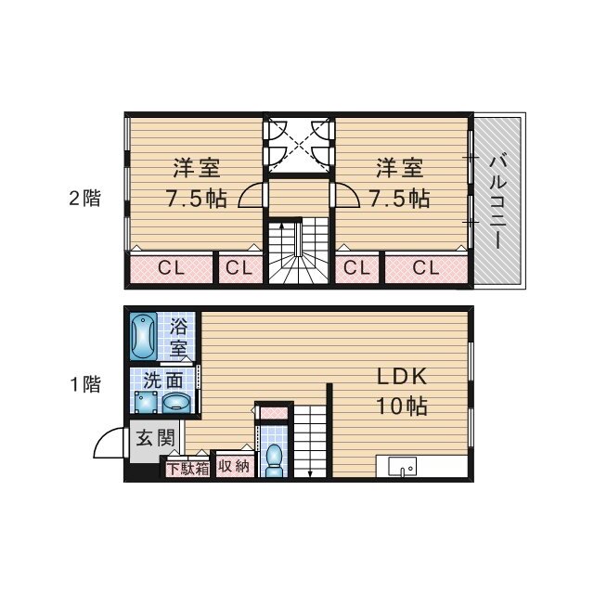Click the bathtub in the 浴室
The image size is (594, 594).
click(144, 336)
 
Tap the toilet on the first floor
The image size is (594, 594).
click(275, 460)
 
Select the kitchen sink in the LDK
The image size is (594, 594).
click(402, 466)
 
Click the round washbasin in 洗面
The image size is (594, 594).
click(176, 403)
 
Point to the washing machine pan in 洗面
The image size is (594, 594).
click(146, 402)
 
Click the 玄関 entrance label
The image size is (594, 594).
click(155, 438)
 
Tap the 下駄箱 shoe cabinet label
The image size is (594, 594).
click(188, 469)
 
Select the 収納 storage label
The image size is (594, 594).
click(234, 466)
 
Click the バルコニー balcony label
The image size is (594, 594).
click(497, 202)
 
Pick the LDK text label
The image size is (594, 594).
click(402, 376)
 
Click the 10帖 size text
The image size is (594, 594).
click(402, 406)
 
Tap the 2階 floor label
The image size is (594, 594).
click(84, 198)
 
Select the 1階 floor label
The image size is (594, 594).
click(85, 384)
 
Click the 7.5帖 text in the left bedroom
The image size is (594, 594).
click(197, 198)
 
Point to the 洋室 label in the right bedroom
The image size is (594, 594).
click(400, 168)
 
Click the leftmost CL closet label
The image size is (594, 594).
click(171, 268)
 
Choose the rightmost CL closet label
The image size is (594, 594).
click(426, 268)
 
